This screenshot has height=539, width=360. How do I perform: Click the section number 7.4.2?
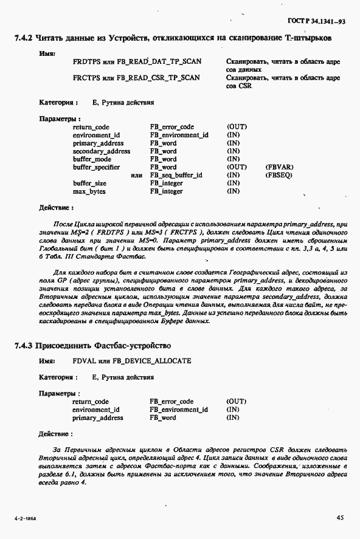[x=22, y=38]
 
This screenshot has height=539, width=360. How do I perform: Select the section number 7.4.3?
[x=22, y=346]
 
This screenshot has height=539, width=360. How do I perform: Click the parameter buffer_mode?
[x=92, y=159]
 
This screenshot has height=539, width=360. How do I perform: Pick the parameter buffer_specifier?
[x=96, y=167]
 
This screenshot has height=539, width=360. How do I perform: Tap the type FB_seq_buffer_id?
[x=176, y=175]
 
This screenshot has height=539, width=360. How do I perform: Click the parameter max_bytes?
[x=89, y=191]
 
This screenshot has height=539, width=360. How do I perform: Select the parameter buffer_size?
[x=90, y=183]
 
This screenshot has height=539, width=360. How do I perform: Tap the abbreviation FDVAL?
[x=84, y=361]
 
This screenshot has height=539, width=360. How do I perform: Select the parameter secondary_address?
[x=101, y=151]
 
